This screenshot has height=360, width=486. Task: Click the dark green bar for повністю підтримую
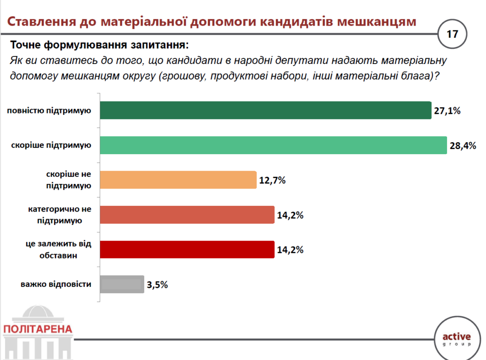(266, 111)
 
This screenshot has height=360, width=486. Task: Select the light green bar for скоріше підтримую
(274, 145)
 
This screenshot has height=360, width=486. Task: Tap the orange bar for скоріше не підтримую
(178, 180)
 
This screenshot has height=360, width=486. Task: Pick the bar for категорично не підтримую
(187, 214)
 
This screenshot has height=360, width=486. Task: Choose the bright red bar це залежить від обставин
(187, 249)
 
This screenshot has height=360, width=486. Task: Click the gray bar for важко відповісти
(122, 285)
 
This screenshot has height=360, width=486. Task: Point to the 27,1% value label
(447, 111)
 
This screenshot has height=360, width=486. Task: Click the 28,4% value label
(463, 146)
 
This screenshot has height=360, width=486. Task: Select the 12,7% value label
(272, 180)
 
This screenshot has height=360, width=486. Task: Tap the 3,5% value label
(158, 285)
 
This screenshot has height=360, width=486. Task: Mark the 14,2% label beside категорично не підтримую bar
(290, 215)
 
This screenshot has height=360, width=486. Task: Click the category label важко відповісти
(56, 285)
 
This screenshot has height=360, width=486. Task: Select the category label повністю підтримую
(49, 111)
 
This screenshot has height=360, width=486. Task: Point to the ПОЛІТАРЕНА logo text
(37, 329)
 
